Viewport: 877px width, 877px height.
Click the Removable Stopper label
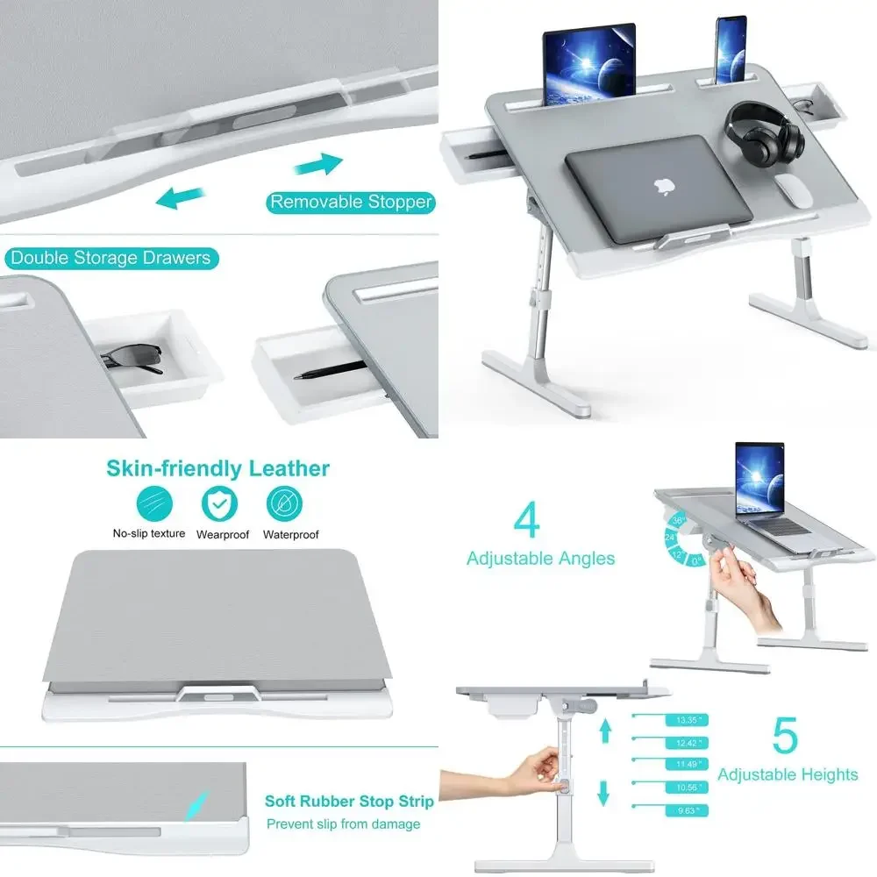pyautogui.click(x=351, y=203)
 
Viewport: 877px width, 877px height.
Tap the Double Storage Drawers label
pyautogui.click(x=110, y=258)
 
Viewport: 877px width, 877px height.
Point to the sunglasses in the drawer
pyautogui.click(x=132, y=358)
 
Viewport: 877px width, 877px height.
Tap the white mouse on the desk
pyautogui.click(x=795, y=190)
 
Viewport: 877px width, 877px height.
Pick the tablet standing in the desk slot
pyautogui.click(x=588, y=64)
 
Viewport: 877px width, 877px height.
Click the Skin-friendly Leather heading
pyautogui.click(x=218, y=468)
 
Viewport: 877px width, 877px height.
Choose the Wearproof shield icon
pyautogui.click(x=219, y=503)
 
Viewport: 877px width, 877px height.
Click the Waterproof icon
pyautogui.click(x=285, y=503)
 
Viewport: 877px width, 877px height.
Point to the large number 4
pyautogui.click(x=525, y=519)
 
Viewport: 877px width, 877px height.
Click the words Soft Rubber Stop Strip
pyautogui.click(x=349, y=802)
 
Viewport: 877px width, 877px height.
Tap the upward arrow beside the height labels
pyautogui.click(x=604, y=731)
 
